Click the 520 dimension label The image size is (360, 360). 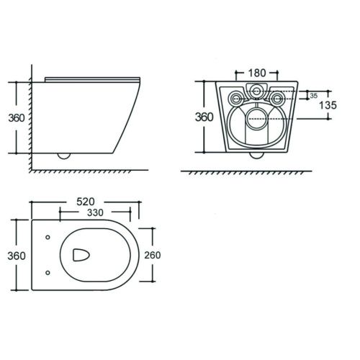pos(86,202)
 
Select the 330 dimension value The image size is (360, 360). pos(95,212)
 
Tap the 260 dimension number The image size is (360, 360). pos(153,255)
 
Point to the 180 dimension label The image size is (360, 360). pos(257,73)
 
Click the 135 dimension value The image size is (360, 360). pos(328,105)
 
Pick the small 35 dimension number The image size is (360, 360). pos(313,96)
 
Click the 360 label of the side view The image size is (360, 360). pos(17,118)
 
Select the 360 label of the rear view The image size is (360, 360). pos(204,117)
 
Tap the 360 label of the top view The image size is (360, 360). pos(17,256)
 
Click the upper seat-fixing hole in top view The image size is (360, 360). pos(48,237)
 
